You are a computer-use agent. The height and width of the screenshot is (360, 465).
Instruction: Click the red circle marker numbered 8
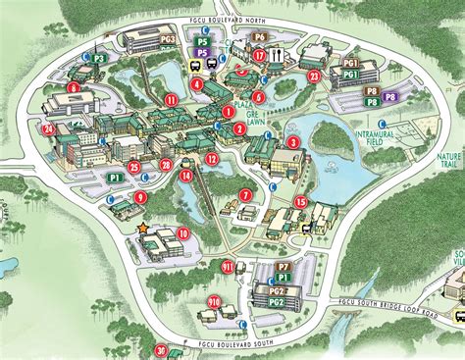75,87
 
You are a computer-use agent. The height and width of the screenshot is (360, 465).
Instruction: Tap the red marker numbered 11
172,99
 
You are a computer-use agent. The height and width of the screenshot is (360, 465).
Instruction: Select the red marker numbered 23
314,76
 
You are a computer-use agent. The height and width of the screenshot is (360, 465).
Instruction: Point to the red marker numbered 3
293,141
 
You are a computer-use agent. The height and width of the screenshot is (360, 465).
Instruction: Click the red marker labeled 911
228,266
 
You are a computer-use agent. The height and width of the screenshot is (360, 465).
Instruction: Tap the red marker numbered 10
183,232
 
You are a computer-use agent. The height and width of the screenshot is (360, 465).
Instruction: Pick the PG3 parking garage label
168,38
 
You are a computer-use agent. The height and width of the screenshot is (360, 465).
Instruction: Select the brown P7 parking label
283,266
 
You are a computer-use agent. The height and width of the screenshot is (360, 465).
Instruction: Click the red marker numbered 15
301,202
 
